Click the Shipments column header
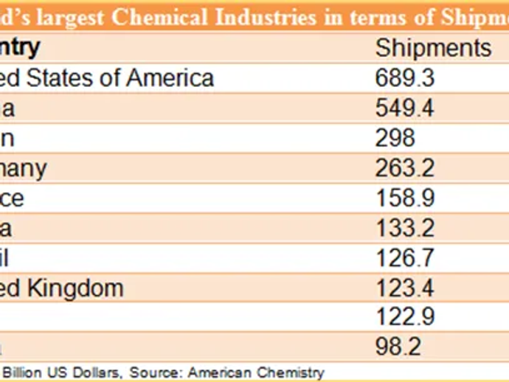(433, 48)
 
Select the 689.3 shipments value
(404, 78)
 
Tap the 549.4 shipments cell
(404, 108)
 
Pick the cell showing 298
(395, 138)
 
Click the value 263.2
(404, 168)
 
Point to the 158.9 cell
(404, 198)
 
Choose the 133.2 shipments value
(404, 228)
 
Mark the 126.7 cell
(404, 258)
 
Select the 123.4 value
(404, 288)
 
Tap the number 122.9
(404, 317)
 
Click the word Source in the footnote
(161, 372)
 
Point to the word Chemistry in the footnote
(291, 372)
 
